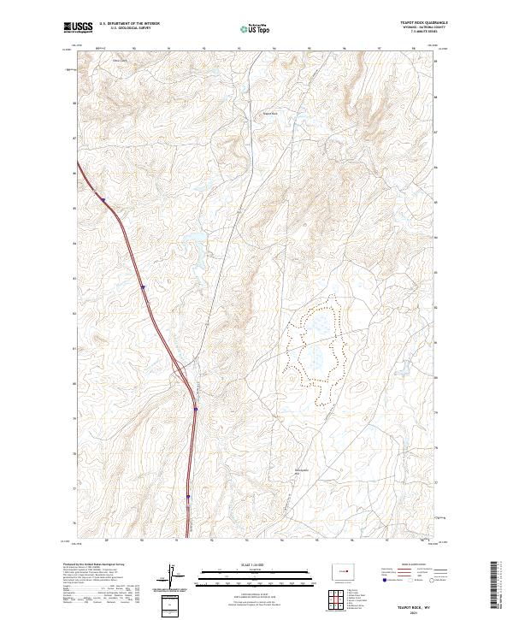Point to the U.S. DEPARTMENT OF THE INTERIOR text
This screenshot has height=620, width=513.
coord(129,24)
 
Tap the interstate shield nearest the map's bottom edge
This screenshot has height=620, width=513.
coord(188,495)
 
